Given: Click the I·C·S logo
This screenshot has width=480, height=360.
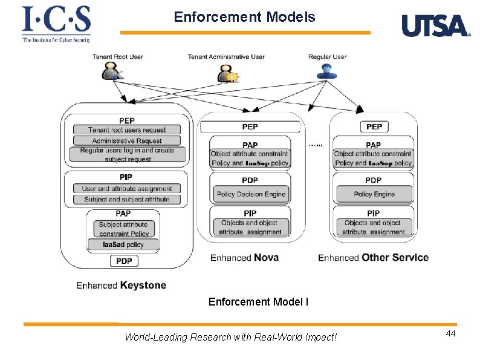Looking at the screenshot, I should [56, 24].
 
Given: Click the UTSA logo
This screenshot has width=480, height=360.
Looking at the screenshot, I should [435, 26].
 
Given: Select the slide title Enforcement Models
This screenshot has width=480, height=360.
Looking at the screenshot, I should [244, 17].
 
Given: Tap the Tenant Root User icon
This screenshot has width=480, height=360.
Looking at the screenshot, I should [112, 72].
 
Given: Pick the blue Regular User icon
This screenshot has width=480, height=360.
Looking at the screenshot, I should [326, 71].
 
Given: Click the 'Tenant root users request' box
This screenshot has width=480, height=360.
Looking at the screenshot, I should [127, 129].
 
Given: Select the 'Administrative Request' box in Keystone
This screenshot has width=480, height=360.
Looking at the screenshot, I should [127, 140].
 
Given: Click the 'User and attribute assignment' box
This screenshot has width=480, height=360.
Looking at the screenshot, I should [127, 189].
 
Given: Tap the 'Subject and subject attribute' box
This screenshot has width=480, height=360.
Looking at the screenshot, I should [127, 199].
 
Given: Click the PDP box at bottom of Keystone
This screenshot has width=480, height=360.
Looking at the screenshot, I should [125, 261].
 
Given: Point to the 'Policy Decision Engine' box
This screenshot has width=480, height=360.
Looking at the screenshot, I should [250, 194].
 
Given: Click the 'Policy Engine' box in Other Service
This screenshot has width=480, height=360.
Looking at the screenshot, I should [374, 194].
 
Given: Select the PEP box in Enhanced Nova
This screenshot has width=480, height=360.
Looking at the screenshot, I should [250, 126].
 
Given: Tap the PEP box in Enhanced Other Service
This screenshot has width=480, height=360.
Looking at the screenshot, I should [374, 126].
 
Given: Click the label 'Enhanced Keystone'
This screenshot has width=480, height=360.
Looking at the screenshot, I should [121, 285].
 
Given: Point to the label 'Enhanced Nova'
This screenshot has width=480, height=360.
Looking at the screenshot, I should [244, 258].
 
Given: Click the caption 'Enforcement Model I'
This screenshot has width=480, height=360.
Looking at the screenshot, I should [258, 301].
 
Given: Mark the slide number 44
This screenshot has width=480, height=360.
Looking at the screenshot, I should [450, 334].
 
